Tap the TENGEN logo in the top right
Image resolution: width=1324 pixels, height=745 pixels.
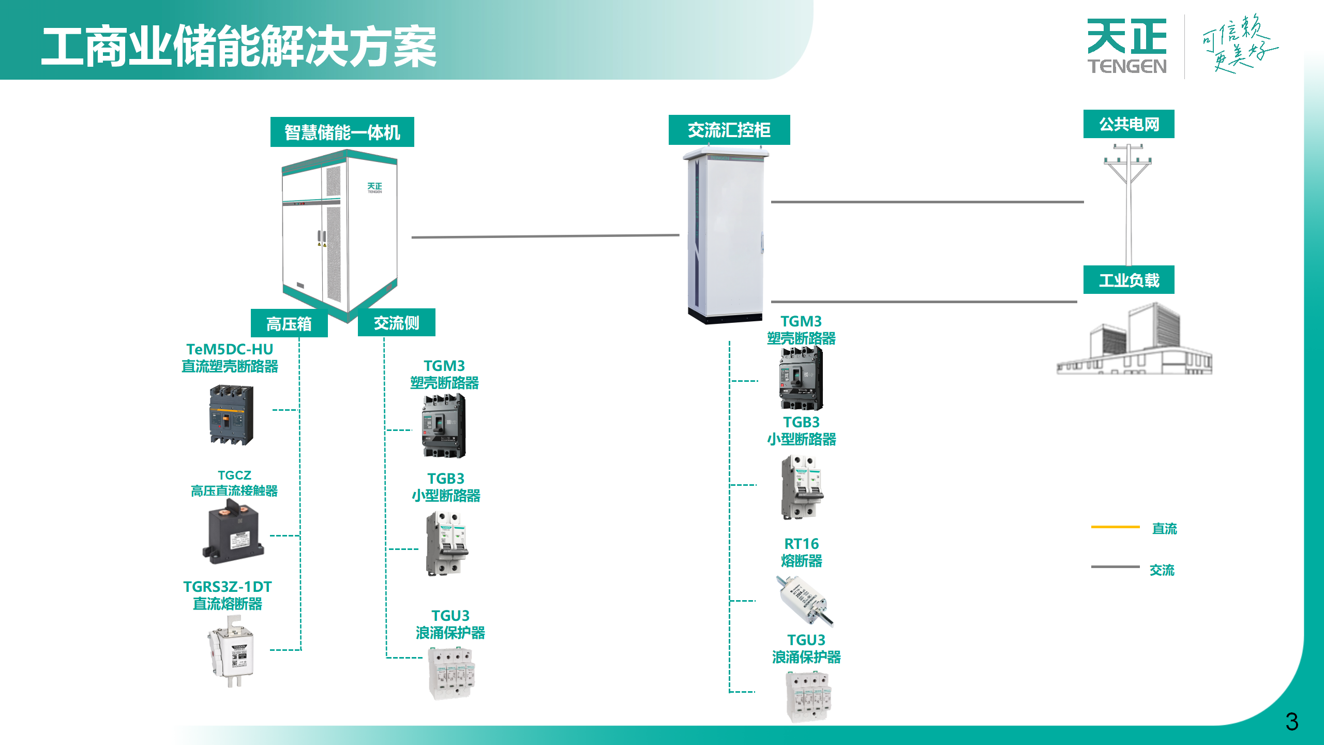[x=1127, y=47]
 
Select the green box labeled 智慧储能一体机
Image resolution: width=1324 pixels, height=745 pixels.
[x=342, y=132]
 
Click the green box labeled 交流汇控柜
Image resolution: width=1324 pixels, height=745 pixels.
[x=729, y=130]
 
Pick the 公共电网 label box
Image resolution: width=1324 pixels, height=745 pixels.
[x=1129, y=124]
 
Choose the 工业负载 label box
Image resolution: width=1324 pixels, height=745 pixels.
[x=1129, y=280]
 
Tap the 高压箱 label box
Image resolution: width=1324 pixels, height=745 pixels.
[x=289, y=324]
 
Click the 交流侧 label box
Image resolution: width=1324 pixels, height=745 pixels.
[x=396, y=323]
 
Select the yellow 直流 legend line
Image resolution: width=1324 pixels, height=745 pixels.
[x=1115, y=527]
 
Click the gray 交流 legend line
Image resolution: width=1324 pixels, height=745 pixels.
[x=1115, y=567]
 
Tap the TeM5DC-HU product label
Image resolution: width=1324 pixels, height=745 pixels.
[x=230, y=357]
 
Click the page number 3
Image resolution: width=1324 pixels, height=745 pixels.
[x=1291, y=722]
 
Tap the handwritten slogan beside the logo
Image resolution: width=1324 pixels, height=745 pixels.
[x=1238, y=44]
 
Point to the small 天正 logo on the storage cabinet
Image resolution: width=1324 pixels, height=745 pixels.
[x=374, y=187]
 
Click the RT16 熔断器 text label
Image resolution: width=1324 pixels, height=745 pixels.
[x=801, y=552]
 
